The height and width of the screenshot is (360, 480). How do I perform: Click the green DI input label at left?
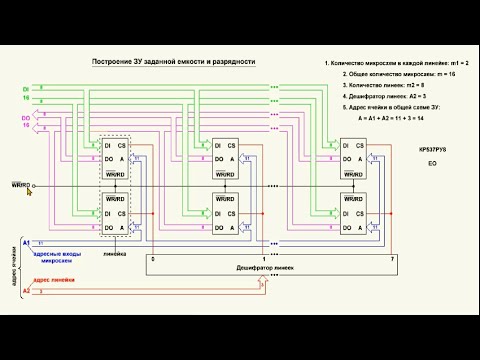26,90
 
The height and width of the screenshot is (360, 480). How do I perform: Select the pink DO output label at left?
26,119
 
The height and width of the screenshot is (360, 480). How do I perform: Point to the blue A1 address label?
26,243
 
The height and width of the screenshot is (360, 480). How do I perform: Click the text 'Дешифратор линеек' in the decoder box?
264,269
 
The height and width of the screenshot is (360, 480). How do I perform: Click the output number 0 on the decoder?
153,259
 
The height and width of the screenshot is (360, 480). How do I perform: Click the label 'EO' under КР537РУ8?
432,162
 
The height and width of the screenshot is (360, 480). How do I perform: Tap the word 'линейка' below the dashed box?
115,254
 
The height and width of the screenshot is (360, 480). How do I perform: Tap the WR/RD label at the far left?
21,185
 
